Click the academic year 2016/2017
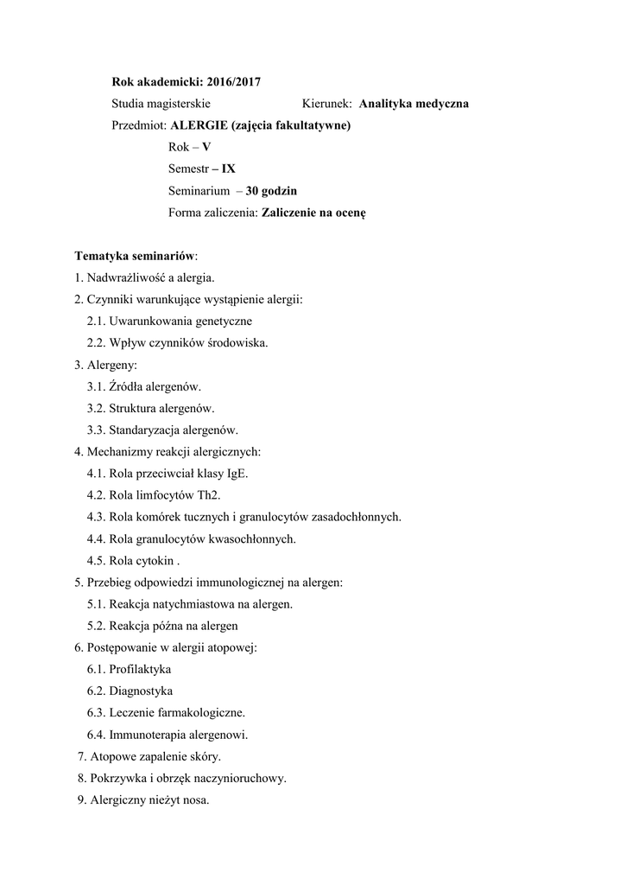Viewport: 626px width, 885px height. click(234, 82)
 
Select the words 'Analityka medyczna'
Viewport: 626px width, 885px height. click(414, 104)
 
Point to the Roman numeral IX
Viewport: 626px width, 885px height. click(228, 169)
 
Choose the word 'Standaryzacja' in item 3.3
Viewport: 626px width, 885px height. click(144, 430)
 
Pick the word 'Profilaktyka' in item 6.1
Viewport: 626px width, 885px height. click(140, 669)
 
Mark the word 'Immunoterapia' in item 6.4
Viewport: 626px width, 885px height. click(147, 735)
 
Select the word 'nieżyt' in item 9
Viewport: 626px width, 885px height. click(161, 800)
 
